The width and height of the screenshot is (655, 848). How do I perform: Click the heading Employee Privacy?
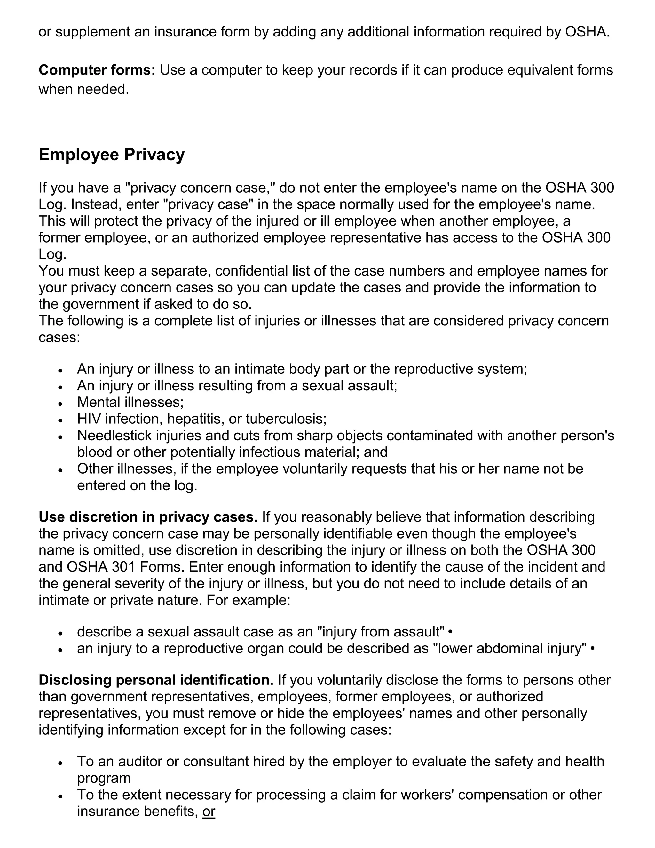(111, 155)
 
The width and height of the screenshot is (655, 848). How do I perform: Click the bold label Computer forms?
(97, 70)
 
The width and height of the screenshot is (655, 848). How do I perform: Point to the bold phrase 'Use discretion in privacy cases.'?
(148, 517)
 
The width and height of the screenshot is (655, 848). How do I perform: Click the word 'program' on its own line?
(104, 778)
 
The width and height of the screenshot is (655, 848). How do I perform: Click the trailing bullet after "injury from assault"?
(450, 632)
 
